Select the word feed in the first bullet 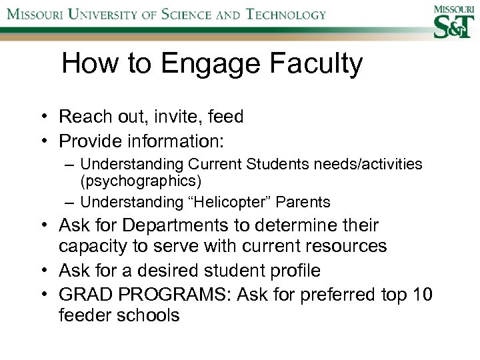[226, 117]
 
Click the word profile [293, 270]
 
